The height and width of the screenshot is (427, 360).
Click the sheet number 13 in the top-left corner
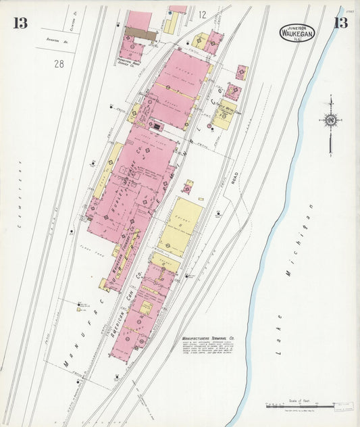[20, 23]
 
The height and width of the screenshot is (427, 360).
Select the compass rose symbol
[330, 120]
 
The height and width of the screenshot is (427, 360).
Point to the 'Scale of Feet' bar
[299, 406]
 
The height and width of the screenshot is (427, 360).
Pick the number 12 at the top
[202, 14]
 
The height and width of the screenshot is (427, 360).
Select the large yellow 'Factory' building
[180, 226]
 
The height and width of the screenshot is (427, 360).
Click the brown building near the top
[140, 32]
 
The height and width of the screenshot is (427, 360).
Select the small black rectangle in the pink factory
[157, 126]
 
